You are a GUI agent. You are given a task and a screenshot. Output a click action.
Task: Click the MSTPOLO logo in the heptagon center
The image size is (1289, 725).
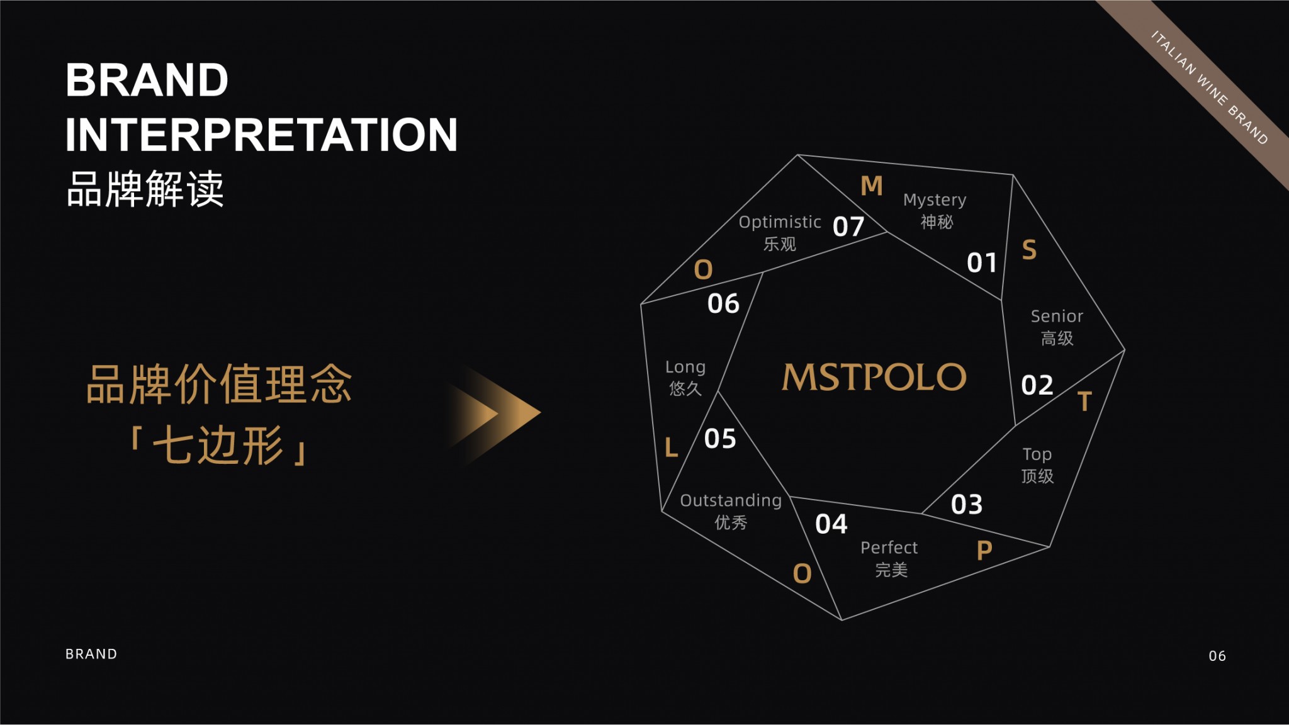874,377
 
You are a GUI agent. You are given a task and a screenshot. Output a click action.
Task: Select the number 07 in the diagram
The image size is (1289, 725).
848,227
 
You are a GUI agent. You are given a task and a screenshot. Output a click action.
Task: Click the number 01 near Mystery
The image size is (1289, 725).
982,263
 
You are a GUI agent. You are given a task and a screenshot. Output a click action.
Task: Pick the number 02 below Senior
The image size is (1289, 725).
1037,385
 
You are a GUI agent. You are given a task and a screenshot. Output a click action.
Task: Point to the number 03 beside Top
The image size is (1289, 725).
967,505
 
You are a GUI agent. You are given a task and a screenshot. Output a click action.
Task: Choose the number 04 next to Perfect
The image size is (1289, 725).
831,524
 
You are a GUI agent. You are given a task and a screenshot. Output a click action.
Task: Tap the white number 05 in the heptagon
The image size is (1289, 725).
720,439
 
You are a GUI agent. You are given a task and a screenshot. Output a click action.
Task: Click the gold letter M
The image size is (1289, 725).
872,186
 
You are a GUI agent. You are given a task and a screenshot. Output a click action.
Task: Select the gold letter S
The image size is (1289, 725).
1029,250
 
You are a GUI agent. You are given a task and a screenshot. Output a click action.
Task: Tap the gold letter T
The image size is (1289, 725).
1084,402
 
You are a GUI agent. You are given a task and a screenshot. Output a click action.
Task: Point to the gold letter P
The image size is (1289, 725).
984,551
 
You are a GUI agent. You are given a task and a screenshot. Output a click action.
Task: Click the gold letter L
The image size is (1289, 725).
672,448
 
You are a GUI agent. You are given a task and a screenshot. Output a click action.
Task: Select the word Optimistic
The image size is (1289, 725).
780,223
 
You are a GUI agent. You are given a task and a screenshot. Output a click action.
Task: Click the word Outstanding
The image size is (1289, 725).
731,501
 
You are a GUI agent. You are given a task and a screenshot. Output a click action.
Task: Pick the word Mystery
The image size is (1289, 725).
935,200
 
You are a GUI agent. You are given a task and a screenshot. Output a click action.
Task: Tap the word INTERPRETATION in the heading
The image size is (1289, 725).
261,135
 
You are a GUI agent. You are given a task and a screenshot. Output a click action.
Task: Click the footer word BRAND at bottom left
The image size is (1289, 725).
91,654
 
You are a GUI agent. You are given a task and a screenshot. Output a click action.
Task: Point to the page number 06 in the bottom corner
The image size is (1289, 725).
1217,656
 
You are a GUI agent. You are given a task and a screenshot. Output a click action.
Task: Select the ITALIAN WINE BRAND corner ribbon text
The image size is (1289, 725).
1209,87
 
